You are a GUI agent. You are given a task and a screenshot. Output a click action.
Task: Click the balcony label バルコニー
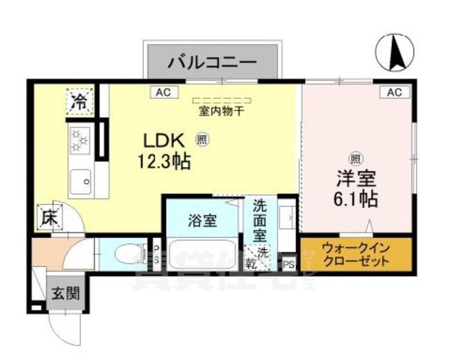212,61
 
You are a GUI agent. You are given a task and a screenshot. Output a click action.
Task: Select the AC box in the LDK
161,92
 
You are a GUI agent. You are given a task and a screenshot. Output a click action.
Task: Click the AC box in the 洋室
395,92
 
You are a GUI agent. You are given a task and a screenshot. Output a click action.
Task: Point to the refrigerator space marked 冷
79,102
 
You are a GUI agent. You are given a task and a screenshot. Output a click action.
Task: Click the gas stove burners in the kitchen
79,138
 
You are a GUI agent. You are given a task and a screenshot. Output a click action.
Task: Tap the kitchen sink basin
79,180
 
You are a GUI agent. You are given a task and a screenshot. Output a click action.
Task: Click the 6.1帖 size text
355,200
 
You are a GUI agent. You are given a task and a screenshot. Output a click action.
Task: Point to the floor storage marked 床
48,219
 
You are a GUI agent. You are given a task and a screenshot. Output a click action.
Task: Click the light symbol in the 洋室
355,157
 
